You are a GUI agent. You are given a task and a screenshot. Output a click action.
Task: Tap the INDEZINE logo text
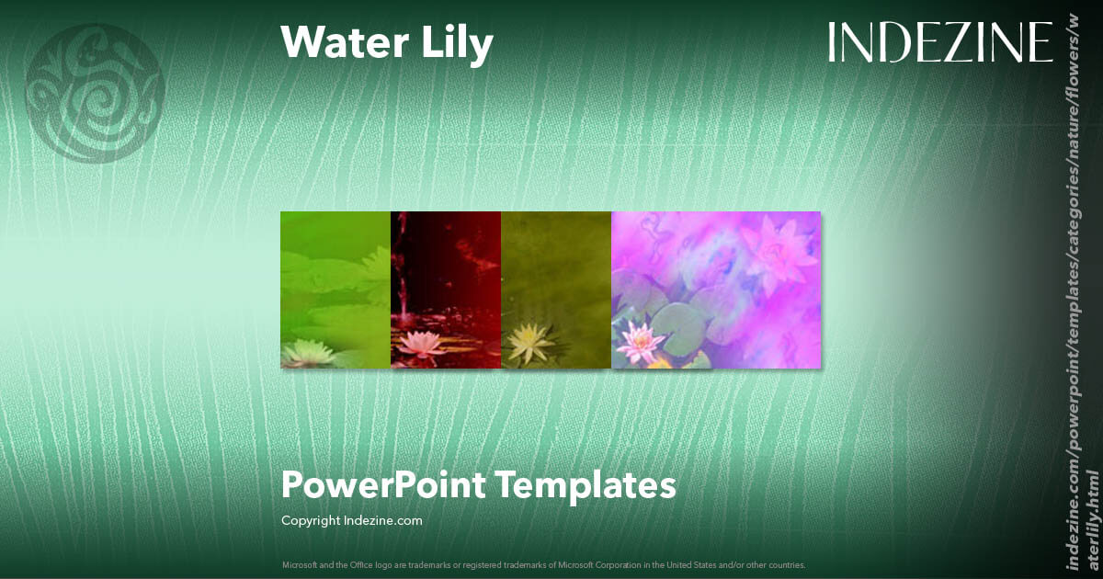[x=939, y=42]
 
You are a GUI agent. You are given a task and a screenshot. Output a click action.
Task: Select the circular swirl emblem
[x=95, y=93]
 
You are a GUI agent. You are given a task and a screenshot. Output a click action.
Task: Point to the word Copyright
[x=311, y=520]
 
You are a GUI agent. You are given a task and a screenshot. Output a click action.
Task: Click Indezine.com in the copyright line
[x=382, y=520]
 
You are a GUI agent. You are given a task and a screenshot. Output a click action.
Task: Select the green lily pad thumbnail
[x=335, y=289]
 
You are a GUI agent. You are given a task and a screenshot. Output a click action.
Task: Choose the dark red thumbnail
[x=446, y=289]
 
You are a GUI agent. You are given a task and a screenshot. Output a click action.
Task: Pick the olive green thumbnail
[x=556, y=289]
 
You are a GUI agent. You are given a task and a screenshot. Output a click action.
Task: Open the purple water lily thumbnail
[x=716, y=289]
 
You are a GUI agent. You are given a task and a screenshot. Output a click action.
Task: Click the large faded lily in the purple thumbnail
[x=775, y=247]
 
